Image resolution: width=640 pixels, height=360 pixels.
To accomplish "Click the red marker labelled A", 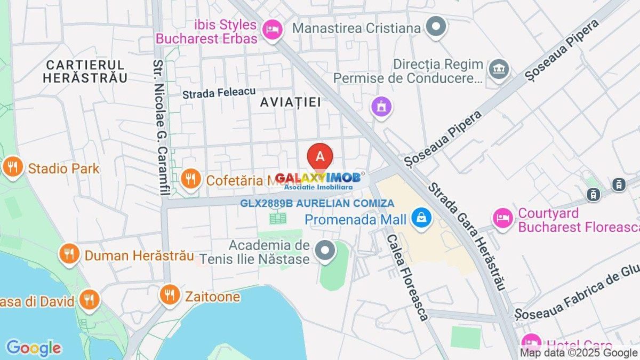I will (320, 156).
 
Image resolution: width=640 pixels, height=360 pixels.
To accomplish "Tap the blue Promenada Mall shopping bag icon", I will (422, 219).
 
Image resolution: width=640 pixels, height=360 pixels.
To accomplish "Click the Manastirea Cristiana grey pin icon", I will (437, 27).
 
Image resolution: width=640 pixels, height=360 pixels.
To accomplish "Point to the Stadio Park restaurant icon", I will (12, 169).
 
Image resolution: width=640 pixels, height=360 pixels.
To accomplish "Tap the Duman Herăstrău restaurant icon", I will (69, 255).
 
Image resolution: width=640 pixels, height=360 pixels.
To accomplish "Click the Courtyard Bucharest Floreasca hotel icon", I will (502, 219).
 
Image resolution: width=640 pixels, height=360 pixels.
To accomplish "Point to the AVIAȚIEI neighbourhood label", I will (291, 102).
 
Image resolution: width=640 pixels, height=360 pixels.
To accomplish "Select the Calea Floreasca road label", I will (407, 277).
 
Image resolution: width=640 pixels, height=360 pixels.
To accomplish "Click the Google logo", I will (33, 348).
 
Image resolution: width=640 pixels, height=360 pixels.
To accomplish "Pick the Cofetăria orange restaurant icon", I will (190, 180).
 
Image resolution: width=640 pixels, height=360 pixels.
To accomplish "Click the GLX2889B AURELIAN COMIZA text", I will (317, 203).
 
